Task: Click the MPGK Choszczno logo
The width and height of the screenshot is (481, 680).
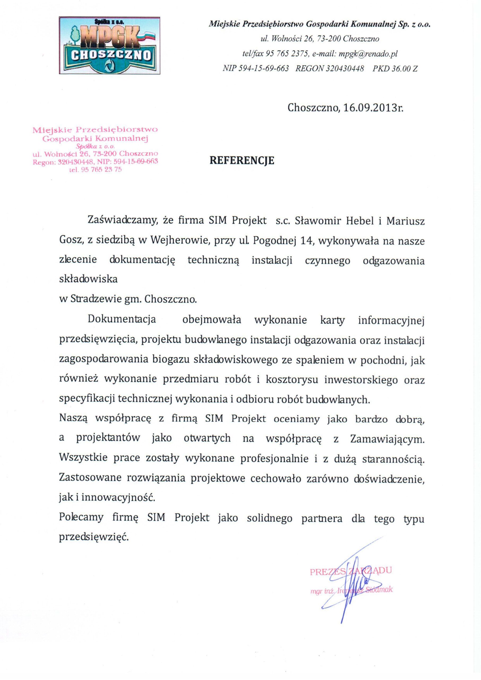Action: coord(110,45)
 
